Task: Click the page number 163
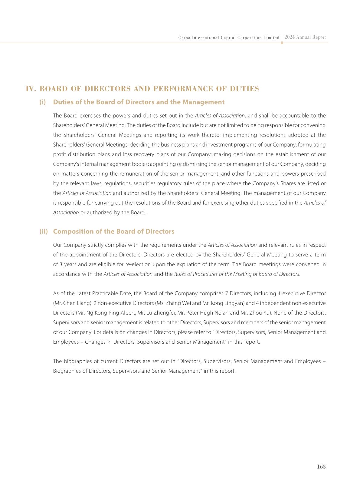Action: coord(321,467)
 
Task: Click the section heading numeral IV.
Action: coord(31,89)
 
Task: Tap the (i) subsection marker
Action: coord(43,102)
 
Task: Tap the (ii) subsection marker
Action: coord(44,231)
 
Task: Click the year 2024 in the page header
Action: coord(290,37)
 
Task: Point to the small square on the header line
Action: coord(282,43)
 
